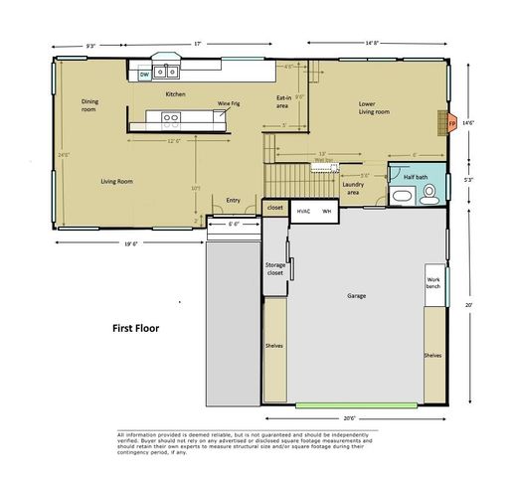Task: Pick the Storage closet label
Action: point(275,270)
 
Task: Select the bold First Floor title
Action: point(135,327)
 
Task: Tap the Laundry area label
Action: point(352,188)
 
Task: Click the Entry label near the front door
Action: point(234,200)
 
